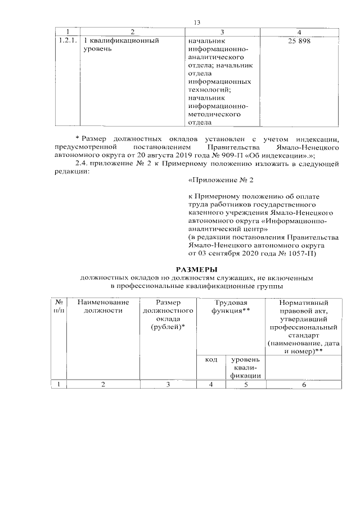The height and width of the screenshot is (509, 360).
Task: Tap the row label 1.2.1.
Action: coord(67,41)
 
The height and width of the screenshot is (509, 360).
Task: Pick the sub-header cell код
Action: coord(211,359)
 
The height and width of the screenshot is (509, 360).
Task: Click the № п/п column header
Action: coord(59,306)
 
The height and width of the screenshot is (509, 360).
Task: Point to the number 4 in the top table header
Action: coord(299,31)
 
